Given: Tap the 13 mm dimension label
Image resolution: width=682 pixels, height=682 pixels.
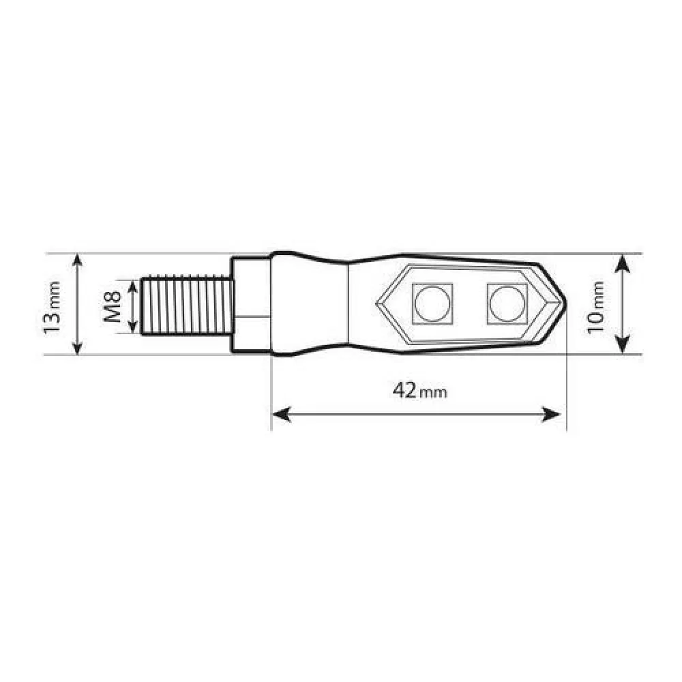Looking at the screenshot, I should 53,305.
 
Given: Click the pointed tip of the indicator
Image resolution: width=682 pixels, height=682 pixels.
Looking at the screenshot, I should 566,303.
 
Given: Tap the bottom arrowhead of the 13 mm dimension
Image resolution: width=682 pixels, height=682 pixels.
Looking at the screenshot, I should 78,349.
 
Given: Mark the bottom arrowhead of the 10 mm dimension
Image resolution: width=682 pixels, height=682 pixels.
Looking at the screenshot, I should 622,347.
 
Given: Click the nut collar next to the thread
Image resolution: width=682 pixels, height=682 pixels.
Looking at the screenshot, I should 250,304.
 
